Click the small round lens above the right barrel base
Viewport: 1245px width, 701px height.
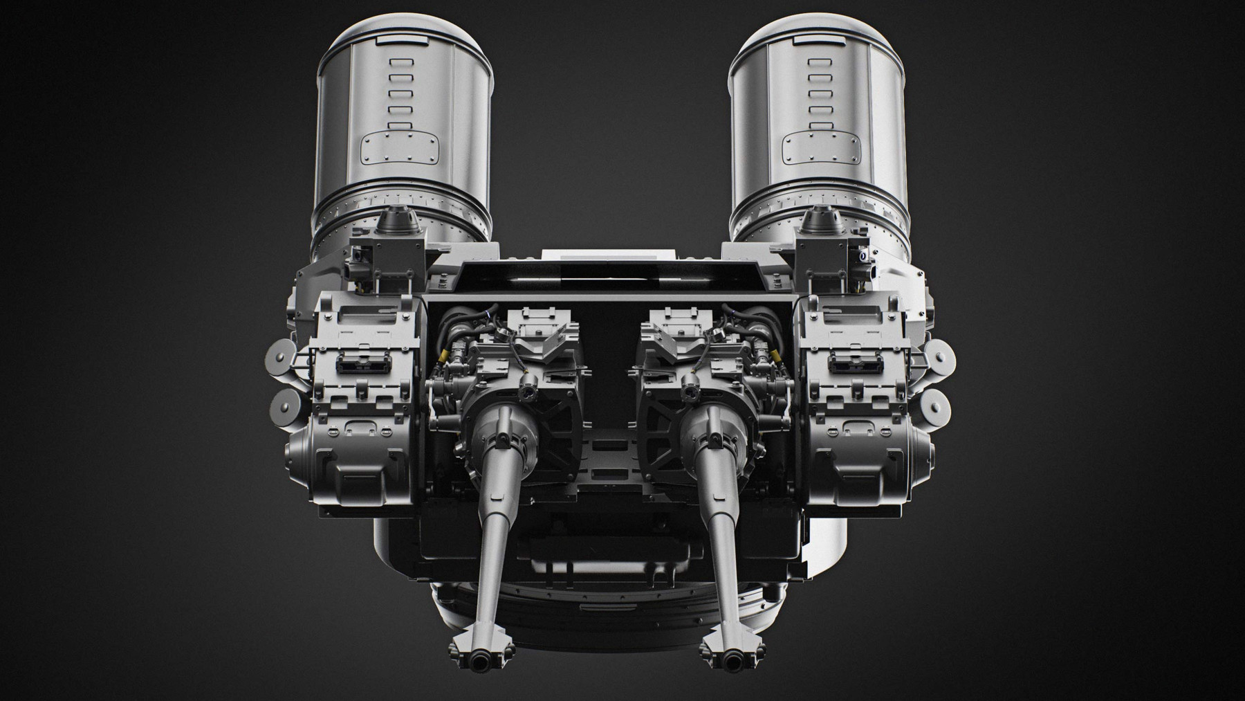click(690, 394)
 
